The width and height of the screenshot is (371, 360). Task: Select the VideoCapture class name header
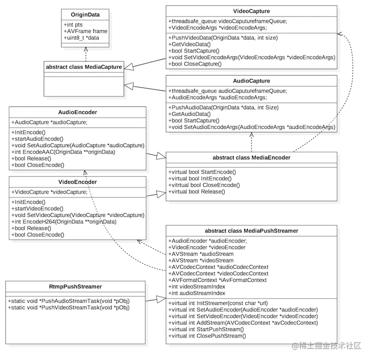pyautogui.click(x=251, y=11)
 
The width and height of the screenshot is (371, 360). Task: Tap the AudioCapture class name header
pyautogui.click(x=251, y=81)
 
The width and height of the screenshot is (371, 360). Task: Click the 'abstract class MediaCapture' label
pyautogui.click(x=84, y=67)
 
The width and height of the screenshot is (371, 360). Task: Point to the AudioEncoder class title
pyautogui.click(x=78, y=112)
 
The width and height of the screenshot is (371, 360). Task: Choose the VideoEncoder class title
pyautogui.click(x=78, y=182)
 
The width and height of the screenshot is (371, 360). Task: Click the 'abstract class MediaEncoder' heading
pyautogui.click(x=251, y=157)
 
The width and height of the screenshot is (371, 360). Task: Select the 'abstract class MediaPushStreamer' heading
pyautogui.click(x=251, y=231)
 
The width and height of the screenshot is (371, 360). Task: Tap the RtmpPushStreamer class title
pyautogui.click(x=76, y=286)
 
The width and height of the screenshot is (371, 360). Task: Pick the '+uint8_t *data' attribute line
pyautogui.click(x=81, y=37)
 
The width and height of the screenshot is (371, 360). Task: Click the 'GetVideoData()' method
pyautogui.click(x=190, y=44)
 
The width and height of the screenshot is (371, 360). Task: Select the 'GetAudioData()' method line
pyautogui.click(x=190, y=114)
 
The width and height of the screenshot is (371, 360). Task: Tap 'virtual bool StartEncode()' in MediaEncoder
pyautogui.click(x=202, y=172)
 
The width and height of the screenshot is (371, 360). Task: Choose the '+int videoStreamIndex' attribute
pyautogui.click(x=197, y=286)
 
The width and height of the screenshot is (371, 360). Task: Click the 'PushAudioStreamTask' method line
pyautogui.click(x=68, y=300)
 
